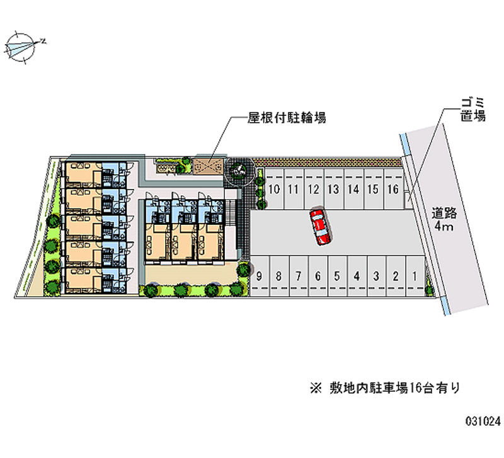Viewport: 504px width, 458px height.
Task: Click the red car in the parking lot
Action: click(x=320, y=227)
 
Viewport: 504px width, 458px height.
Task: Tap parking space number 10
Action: click(x=274, y=189)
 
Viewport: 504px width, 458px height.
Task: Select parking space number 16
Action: click(x=392, y=189)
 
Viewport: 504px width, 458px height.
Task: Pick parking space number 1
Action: click(x=415, y=275)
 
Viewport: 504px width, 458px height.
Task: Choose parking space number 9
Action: click(x=260, y=275)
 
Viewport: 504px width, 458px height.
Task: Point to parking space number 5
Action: click(x=337, y=275)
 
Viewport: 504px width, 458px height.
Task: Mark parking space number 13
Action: click(x=333, y=189)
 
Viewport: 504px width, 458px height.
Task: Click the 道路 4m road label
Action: click(x=445, y=218)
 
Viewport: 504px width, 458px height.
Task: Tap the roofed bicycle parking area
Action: click(x=209, y=166)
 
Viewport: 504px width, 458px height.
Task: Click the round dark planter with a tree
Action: click(x=239, y=169)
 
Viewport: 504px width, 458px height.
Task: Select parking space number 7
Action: click(x=299, y=275)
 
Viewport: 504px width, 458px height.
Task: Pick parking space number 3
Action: click(x=376, y=275)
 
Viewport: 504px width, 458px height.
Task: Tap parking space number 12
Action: click(x=313, y=189)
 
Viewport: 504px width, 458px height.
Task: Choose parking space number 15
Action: click(x=373, y=189)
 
